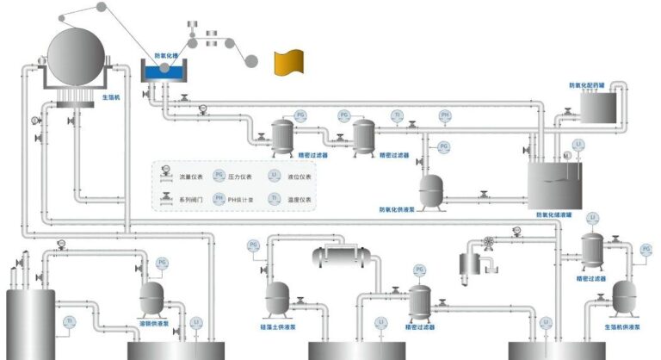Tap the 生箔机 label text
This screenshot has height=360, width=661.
pos(110,98)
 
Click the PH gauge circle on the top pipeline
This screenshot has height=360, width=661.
pos(445,115)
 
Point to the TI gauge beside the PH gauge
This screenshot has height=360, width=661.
pos(397,115)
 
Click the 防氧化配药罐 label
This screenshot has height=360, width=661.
pos(589,85)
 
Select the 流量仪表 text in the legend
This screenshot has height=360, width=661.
pos(189,177)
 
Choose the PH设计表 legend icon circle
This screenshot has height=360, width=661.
pos(219,198)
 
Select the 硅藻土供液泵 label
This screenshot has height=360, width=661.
pos(277,327)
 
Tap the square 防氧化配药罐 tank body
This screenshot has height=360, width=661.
pos(601,108)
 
